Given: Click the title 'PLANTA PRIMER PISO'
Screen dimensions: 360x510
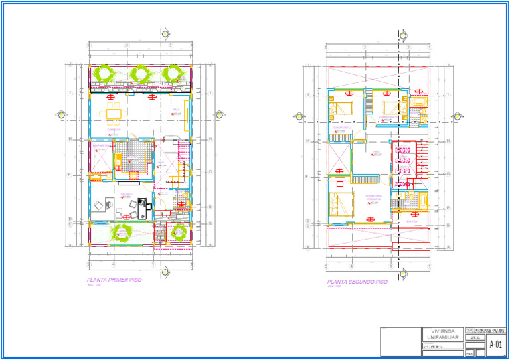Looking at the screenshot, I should [x=114, y=280].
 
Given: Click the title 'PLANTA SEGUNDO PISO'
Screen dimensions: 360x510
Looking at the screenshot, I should [x=357, y=282].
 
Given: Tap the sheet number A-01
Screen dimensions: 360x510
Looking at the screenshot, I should [x=495, y=344].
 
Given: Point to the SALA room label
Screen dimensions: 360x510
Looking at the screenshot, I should [x=176, y=110].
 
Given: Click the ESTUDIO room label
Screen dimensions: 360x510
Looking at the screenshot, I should [x=126, y=194].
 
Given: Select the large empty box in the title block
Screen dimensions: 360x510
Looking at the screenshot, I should [x=400, y=341].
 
